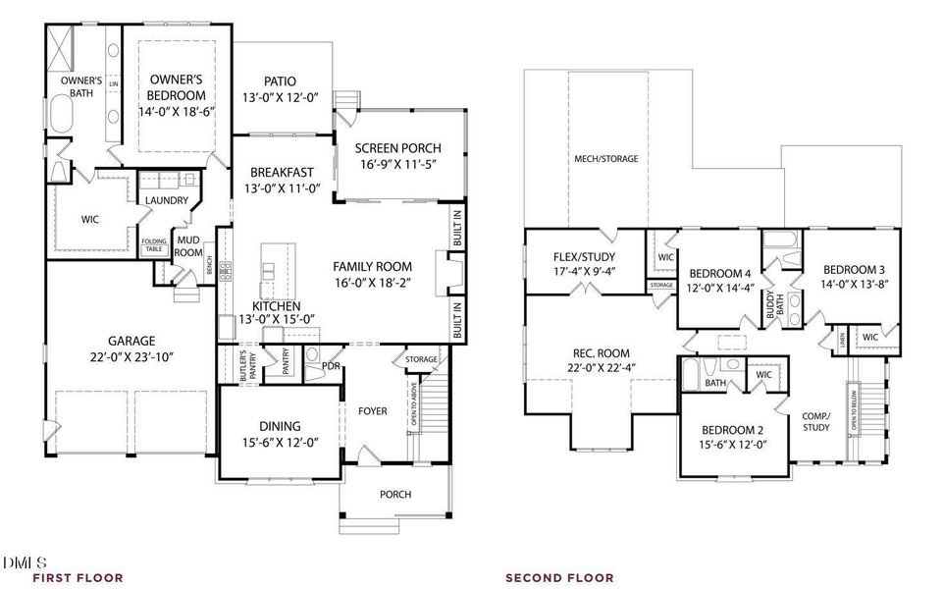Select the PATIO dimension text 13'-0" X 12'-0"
(x=281, y=97)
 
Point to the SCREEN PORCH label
(x=396, y=148)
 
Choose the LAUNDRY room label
(x=166, y=200)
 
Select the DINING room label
(x=280, y=426)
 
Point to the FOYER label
(x=373, y=410)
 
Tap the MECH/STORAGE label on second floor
(x=605, y=158)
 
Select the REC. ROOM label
(x=602, y=353)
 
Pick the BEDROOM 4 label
(x=719, y=273)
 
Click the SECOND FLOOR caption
(x=559, y=578)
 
